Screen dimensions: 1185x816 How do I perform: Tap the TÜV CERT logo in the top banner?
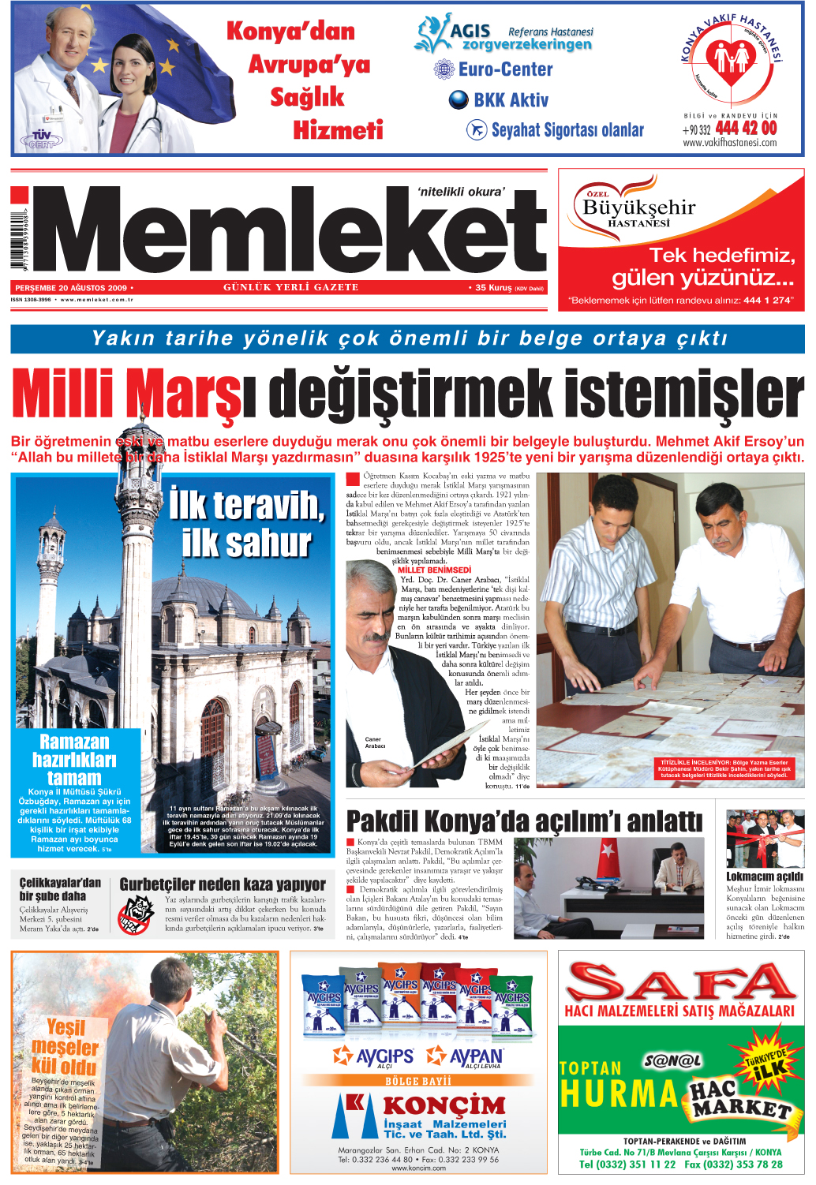click(41, 140)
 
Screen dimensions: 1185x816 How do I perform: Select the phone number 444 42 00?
click(746, 128)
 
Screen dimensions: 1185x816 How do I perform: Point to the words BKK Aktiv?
click(511, 100)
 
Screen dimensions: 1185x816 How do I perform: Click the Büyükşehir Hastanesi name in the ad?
click(638, 209)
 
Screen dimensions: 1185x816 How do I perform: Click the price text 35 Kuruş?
click(493, 288)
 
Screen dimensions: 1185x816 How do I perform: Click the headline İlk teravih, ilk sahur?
click(246, 525)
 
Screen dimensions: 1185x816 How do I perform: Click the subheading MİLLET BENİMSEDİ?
click(434, 570)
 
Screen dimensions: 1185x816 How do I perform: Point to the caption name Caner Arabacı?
click(375, 742)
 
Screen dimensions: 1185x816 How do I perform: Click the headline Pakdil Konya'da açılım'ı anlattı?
click(524, 821)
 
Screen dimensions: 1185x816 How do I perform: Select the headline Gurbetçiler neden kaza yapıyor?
click(223, 884)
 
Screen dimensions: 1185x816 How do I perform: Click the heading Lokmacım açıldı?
click(764, 877)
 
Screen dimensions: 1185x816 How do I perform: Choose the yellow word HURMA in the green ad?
click(619, 1093)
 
